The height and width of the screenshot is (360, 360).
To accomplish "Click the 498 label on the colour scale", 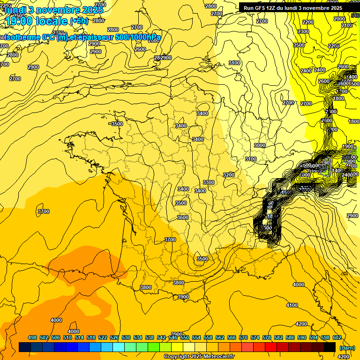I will click(32, 337).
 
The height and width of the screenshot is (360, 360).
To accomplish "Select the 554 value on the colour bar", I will click(196, 337).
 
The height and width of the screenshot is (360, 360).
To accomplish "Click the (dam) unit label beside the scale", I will click(347, 348).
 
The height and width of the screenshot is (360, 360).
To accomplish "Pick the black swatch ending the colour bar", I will click(330, 347).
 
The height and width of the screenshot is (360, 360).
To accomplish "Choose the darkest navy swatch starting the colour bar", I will click(25, 347).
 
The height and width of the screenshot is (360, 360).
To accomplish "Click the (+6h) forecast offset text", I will click(78, 21).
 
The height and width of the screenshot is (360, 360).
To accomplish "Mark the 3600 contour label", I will click(183, 217).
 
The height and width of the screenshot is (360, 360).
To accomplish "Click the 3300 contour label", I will click(209, 182).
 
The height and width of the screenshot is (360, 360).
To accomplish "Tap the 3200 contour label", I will click(228, 175).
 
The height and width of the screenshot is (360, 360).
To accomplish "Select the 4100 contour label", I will click(292, 305).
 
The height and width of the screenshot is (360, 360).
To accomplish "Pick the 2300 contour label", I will click(303, 31).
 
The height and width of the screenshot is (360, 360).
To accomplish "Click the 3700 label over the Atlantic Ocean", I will click(44, 211).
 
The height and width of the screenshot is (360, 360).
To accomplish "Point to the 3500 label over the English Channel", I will click(117, 124).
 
